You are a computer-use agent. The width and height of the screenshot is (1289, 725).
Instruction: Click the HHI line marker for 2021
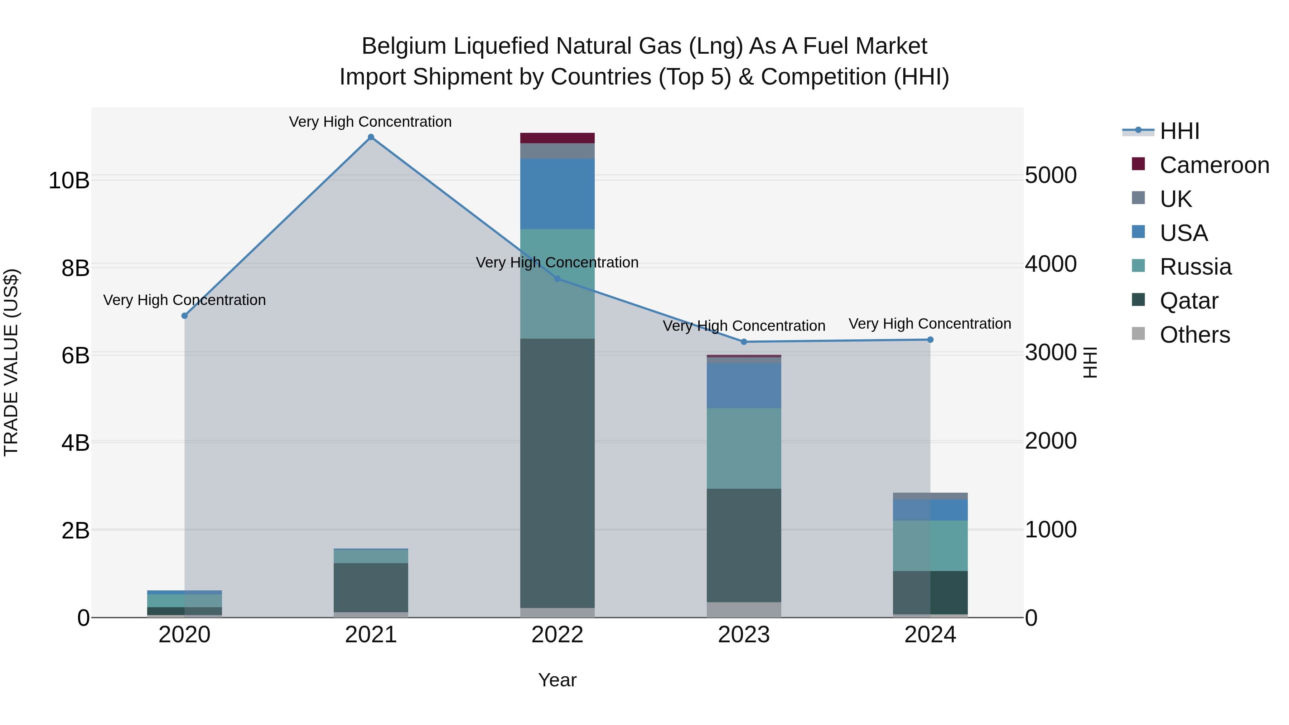coord(371,137)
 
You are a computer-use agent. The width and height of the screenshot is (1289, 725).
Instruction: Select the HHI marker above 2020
coord(185,316)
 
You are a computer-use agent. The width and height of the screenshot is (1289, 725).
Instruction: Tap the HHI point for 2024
coord(930,340)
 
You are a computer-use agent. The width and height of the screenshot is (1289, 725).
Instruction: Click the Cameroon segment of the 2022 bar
coord(557,138)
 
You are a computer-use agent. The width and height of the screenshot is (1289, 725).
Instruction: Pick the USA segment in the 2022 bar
coord(557,194)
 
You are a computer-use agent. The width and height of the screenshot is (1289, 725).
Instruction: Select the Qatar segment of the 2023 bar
coord(744,545)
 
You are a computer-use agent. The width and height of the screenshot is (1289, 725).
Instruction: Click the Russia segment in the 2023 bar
coord(744,448)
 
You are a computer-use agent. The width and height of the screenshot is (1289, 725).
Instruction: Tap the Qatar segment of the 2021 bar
coord(371,588)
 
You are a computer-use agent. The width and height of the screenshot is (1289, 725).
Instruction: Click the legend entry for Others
coord(1194,335)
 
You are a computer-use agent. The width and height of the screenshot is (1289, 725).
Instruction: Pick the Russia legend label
coord(1196,267)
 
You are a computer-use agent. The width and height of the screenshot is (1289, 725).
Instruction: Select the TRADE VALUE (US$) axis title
coord(11,362)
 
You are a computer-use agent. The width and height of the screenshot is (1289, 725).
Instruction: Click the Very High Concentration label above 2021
coord(370,122)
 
